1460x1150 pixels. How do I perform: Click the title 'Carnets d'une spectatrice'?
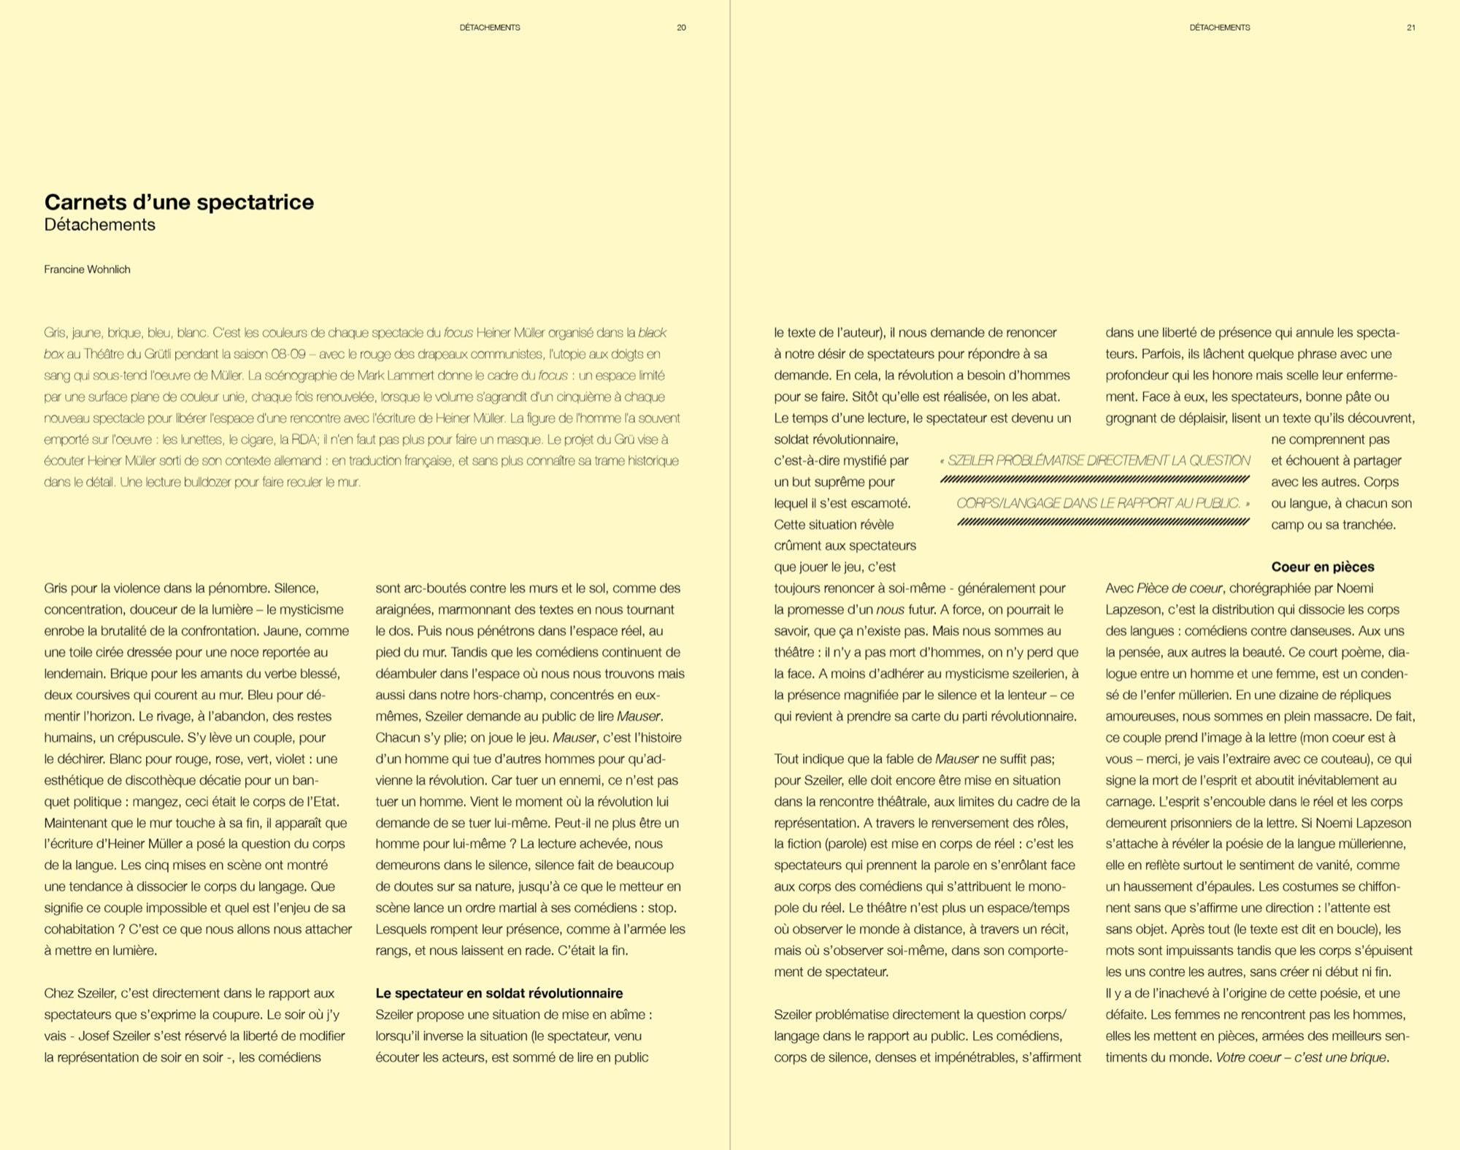coord(179,202)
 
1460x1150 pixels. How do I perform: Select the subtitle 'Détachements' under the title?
coord(100,225)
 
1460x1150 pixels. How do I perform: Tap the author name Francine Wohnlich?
coord(87,269)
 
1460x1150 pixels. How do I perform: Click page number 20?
coord(681,28)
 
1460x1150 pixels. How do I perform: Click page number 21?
coord(1411,28)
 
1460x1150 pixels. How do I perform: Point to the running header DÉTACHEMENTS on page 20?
coord(490,28)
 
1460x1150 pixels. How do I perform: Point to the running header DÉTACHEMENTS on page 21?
coord(1220,28)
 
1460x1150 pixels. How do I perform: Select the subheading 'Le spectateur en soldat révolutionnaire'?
coord(499,993)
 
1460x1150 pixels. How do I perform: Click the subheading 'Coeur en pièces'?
coord(1323,567)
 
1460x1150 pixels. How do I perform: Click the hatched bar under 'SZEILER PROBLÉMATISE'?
coord(1095,480)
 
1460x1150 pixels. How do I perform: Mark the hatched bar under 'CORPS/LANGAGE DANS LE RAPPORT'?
coord(1103,522)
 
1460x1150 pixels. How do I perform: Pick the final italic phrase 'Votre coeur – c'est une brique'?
coord(1301,1057)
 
